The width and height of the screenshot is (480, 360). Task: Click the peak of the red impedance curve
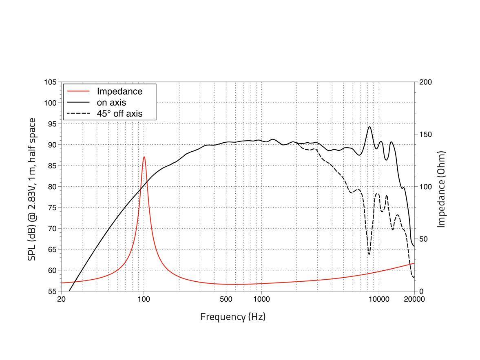(x=144, y=157)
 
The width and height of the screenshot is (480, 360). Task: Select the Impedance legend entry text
(x=119, y=91)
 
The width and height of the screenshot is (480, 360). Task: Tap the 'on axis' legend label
(x=111, y=102)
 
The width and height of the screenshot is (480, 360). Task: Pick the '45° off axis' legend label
(x=119, y=113)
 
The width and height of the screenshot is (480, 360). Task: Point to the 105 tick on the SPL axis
(x=50, y=82)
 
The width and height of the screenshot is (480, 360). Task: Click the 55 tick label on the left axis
(x=52, y=292)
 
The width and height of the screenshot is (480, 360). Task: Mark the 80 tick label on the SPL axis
(x=52, y=187)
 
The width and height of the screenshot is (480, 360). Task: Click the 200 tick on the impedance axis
(x=425, y=82)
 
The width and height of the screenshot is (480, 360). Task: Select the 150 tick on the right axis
(x=425, y=135)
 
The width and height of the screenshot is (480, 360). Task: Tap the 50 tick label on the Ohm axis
(x=424, y=239)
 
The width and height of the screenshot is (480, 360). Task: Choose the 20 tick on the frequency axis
(x=61, y=299)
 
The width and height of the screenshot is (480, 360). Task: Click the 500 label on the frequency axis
(x=226, y=299)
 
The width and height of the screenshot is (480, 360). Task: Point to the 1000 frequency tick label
(x=261, y=299)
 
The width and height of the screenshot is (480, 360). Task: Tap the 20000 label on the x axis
(x=414, y=299)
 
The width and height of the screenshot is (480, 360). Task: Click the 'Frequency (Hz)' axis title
(x=232, y=317)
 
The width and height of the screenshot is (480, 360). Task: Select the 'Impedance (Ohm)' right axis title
(x=441, y=189)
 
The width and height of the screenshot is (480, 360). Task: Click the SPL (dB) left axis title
(x=32, y=189)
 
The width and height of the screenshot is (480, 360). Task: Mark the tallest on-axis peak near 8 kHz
(x=369, y=127)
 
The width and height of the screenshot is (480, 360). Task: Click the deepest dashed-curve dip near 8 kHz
(x=369, y=254)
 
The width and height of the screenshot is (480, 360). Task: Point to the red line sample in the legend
(x=78, y=91)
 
